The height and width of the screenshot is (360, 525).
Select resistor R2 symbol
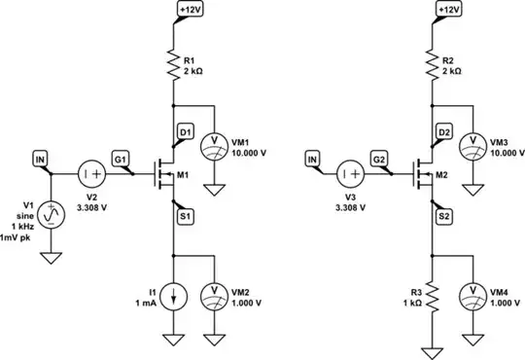pos(430,65)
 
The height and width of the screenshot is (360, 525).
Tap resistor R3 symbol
pos(430,296)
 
